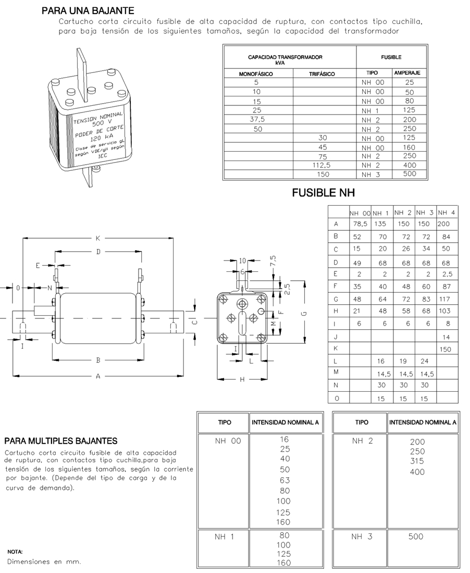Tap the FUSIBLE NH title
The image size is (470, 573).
click(323, 193)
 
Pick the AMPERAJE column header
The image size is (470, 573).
click(407, 73)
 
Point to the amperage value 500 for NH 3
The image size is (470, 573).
click(410, 175)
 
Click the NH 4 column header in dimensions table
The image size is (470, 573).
click(447, 213)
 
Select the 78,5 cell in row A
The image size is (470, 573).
click(360, 224)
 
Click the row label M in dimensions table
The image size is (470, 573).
click(336, 373)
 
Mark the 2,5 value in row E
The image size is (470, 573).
click(447, 274)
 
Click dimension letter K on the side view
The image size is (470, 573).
click(97, 239)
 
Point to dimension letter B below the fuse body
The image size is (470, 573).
click(97, 360)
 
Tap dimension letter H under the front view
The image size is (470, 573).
click(242, 380)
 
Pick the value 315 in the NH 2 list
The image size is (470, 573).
click(417, 461)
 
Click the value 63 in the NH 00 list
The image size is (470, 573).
click(285, 480)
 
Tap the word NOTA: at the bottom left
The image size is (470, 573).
click(15, 551)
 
